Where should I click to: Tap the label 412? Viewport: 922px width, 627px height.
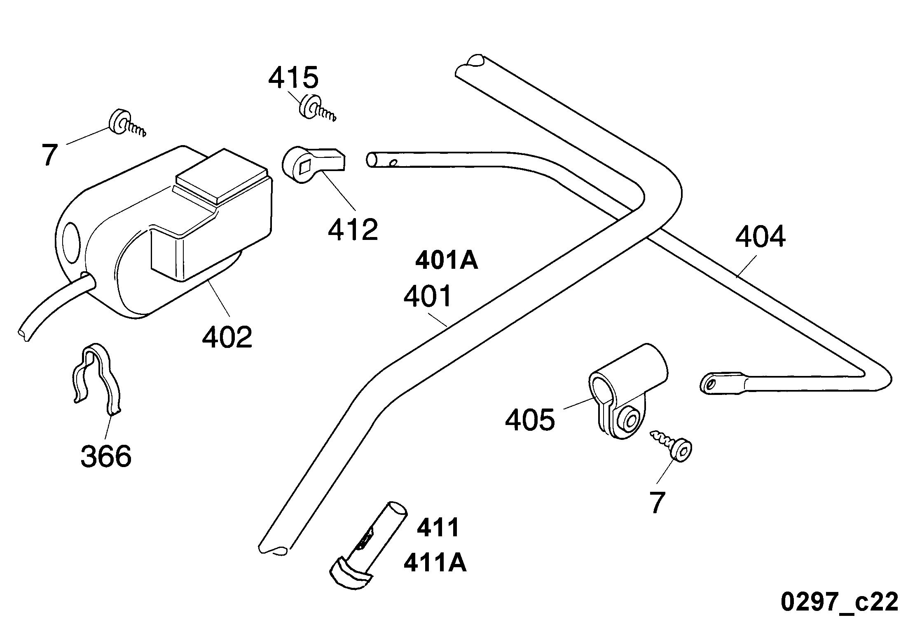pyautogui.click(x=353, y=229)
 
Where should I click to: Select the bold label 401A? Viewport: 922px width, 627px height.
pyautogui.click(x=447, y=261)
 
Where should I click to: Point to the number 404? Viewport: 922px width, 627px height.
pyautogui.click(x=760, y=237)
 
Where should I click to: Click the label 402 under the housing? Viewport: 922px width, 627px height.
pyautogui.click(x=227, y=337)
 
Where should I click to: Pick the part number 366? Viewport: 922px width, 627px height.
pyautogui.click(x=106, y=456)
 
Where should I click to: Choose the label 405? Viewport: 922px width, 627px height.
pyautogui.click(x=530, y=420)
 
